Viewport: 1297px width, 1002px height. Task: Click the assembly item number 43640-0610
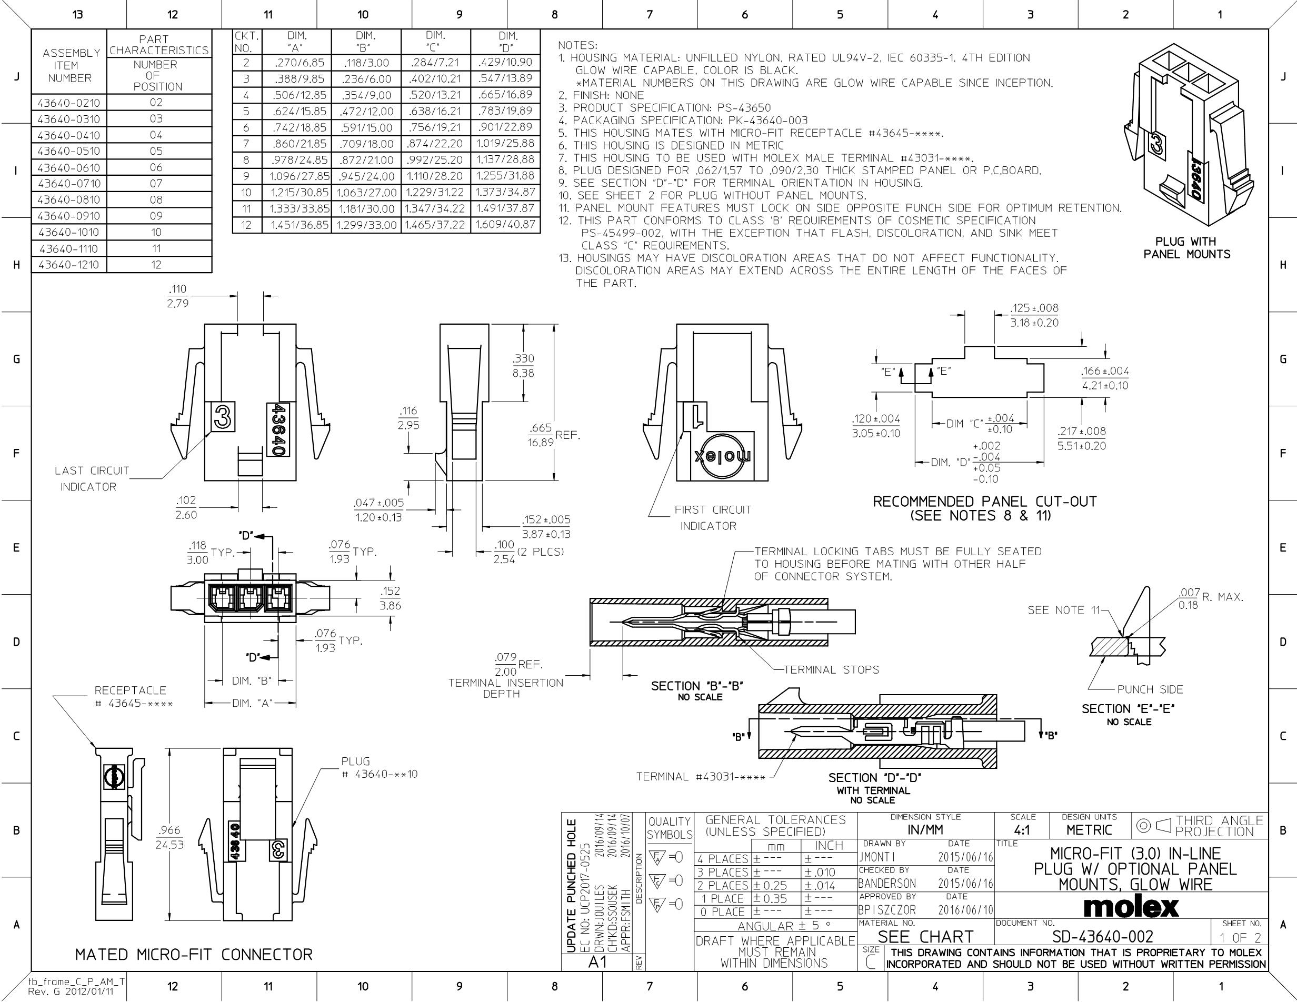[69, 167]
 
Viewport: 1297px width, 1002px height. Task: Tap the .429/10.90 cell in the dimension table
[505, 62]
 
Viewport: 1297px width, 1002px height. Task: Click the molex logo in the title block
[1131, 906]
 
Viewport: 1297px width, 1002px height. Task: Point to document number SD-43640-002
[1103, 937]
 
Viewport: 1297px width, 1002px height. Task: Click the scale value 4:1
[1022, 830]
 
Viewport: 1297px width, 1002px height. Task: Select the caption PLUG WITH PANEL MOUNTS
[1186, 248]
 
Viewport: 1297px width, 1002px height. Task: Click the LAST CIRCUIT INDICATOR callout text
[92, 478]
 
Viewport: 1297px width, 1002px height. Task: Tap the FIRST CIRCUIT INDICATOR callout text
[713, 518]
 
